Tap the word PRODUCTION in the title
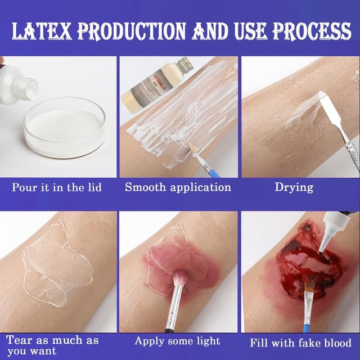131,31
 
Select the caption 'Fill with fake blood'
300,343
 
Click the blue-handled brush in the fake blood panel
308,307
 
